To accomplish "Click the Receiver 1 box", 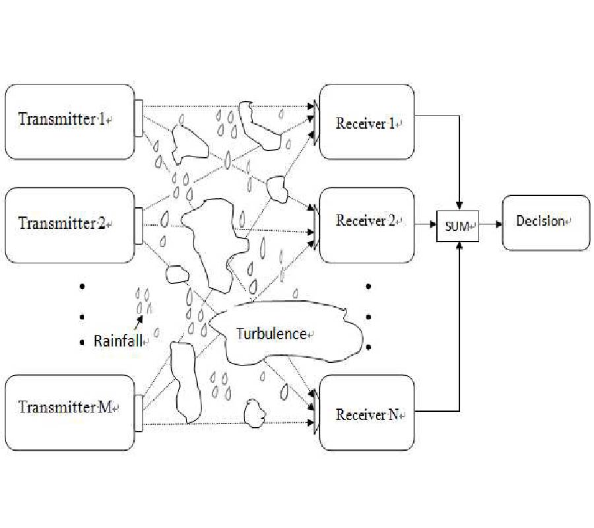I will click(367, 123).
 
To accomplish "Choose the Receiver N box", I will click(367, 414).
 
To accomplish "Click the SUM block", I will click(457, 226).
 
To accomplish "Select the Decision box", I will click(546, 222).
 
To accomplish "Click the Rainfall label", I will click(119, 341).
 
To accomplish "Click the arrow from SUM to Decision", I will click(490, 224).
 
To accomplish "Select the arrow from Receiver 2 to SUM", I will click(426, 224).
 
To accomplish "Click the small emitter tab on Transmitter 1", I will click(139, 118).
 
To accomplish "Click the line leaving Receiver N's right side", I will click(436, 411).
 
